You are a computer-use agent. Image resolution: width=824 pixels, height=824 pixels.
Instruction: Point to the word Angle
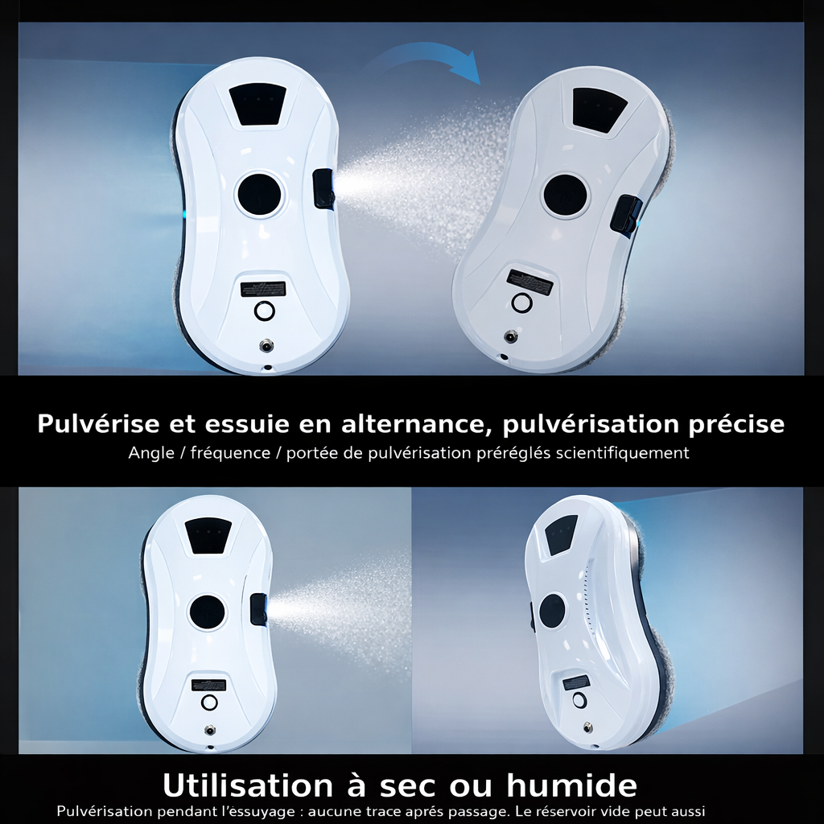pos(152,452)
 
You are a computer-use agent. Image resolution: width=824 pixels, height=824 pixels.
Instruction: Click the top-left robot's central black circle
pos(260,192)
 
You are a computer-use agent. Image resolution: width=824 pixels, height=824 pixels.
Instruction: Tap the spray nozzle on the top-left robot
pos(324,188)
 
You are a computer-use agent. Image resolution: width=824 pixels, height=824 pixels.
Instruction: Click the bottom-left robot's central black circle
pos(208,612)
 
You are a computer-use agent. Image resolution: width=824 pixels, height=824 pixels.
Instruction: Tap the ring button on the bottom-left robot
pos(210,702)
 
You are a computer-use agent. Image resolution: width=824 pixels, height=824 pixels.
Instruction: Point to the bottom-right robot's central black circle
pos(553,611)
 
